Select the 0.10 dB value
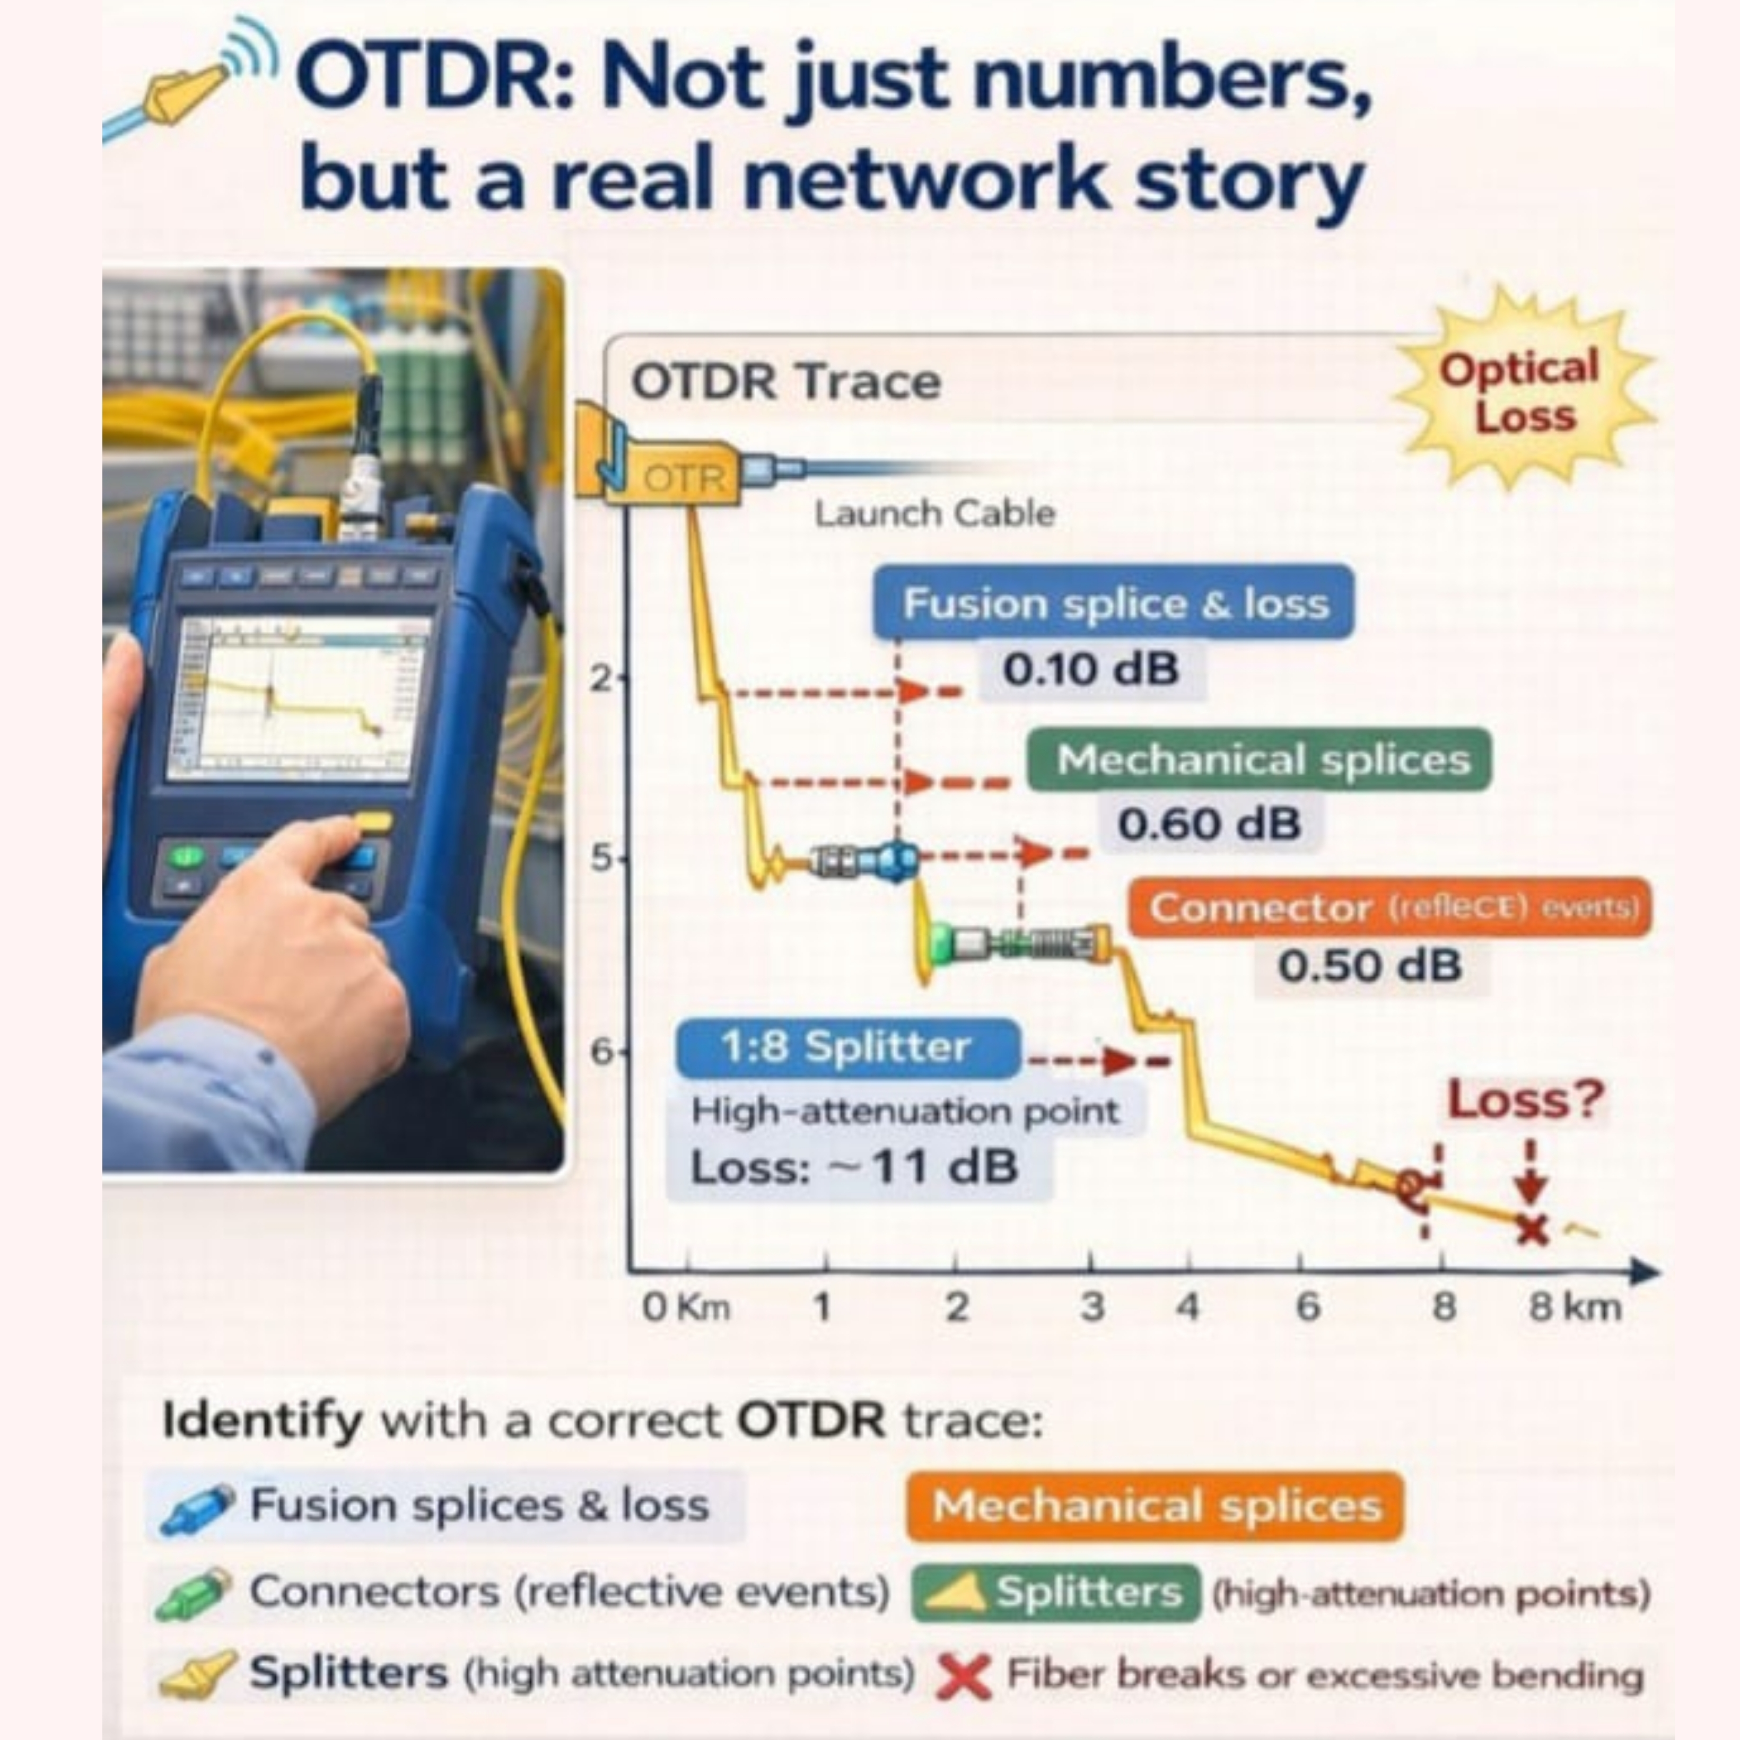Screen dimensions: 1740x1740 (1091, 669)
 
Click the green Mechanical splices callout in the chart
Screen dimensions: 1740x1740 (1262, 759)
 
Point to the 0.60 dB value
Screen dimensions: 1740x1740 (1209, 823)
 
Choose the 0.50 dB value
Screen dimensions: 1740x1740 (1369, 966)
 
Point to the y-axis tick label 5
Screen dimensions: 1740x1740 (601, 858)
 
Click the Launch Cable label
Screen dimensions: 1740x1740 (934, 514)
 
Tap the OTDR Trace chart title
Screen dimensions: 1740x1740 (785, 382)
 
